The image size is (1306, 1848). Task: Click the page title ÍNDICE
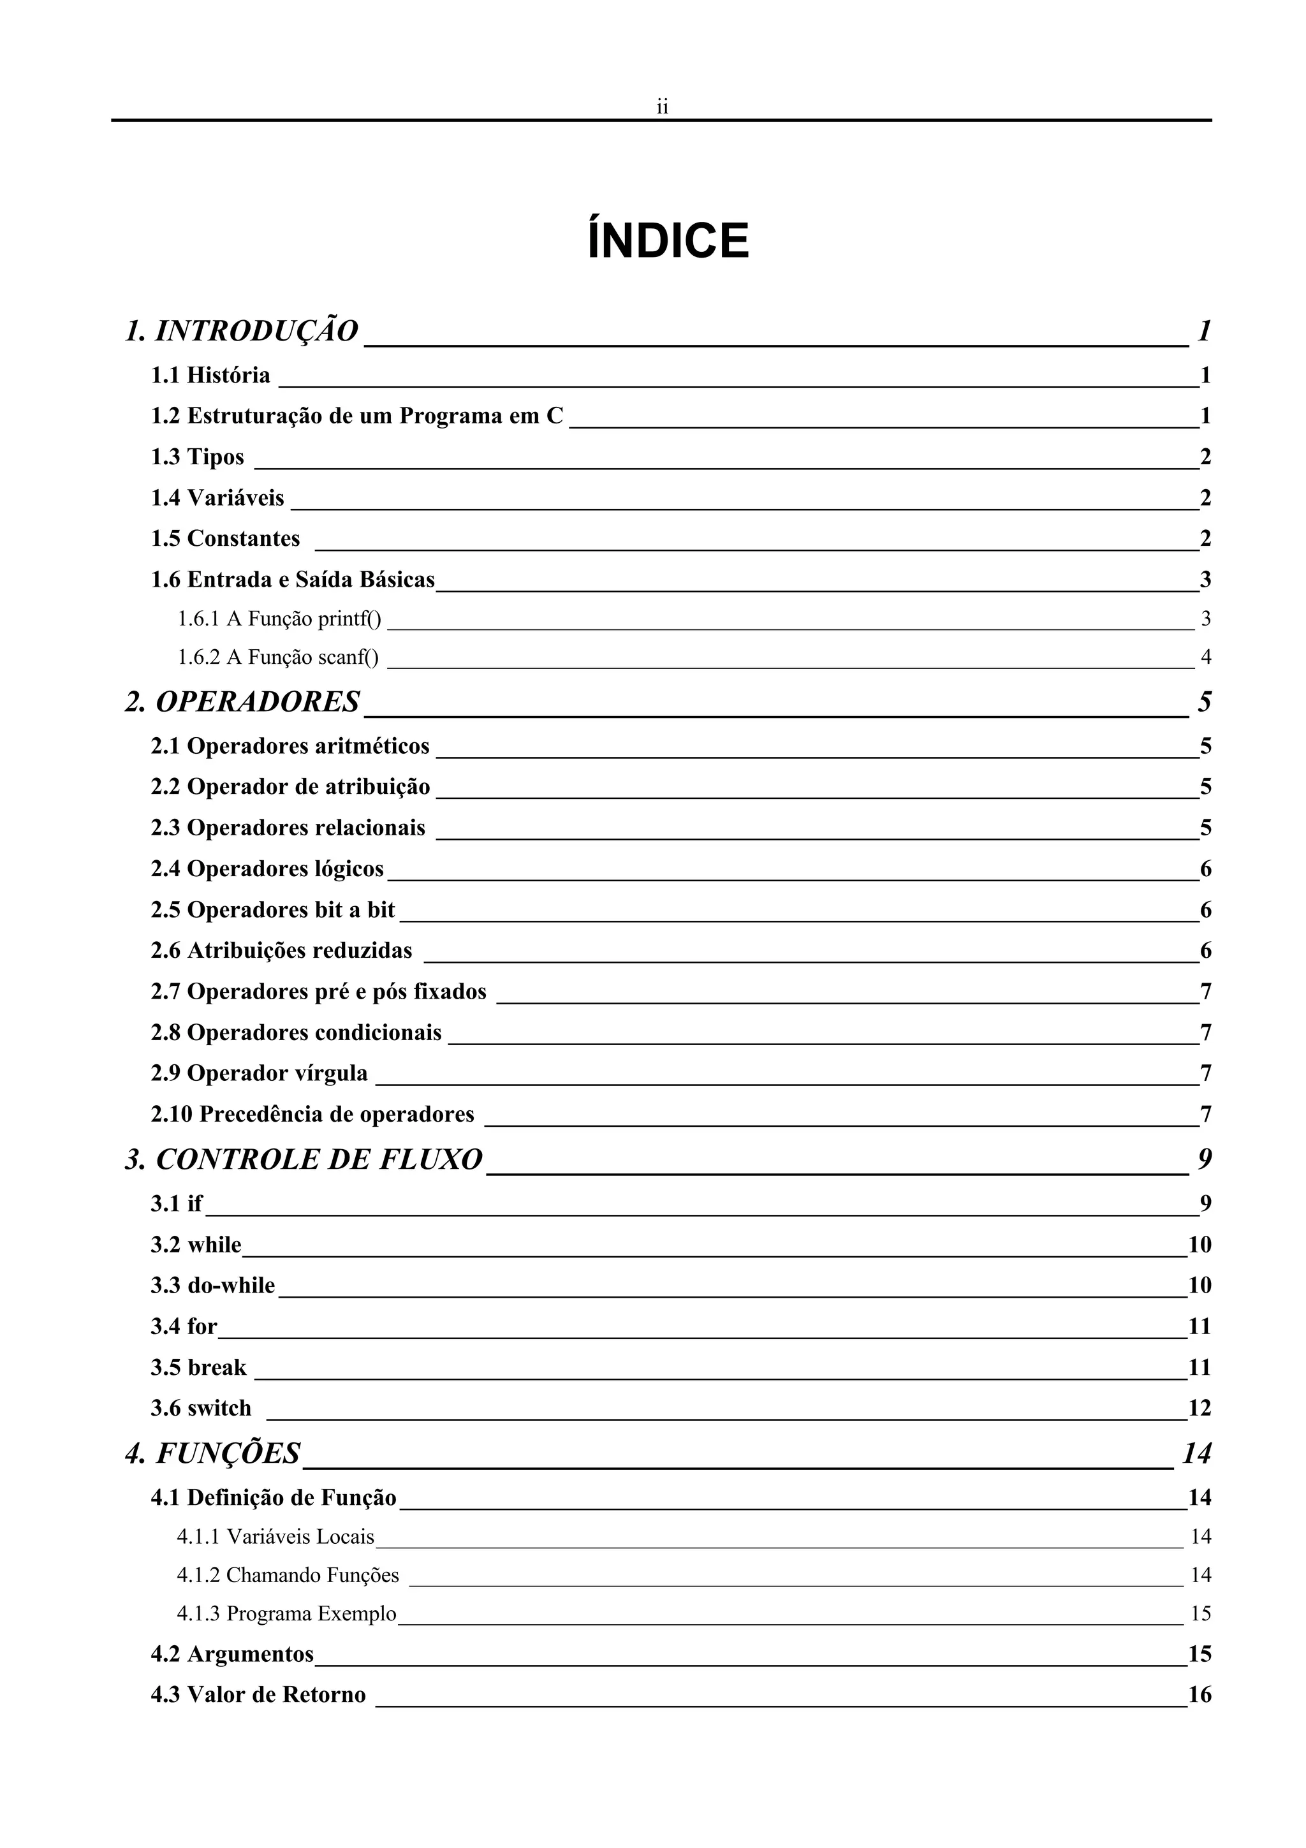click(668, 240)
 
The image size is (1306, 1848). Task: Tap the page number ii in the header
click(663, 107)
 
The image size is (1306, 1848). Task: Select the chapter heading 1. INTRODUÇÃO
click(242, 331)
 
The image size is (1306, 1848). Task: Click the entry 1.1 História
click(211, 375)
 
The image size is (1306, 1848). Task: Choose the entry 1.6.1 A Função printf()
click(279, 619)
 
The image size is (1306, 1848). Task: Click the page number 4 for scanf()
click(1205, 657)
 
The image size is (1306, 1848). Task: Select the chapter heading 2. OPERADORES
click(242, 702)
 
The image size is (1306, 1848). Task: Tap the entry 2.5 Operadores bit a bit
click(273, 909)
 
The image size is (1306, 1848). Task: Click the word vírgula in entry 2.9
click(331, 1073)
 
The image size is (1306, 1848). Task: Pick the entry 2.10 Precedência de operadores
click(312, 1114)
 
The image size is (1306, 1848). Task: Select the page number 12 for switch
click(1199, 1408)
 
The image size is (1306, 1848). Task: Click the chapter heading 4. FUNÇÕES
click(213, 1453)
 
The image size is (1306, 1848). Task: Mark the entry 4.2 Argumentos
click(231, 1654)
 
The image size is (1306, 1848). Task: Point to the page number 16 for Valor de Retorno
click(1199, 1695)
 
